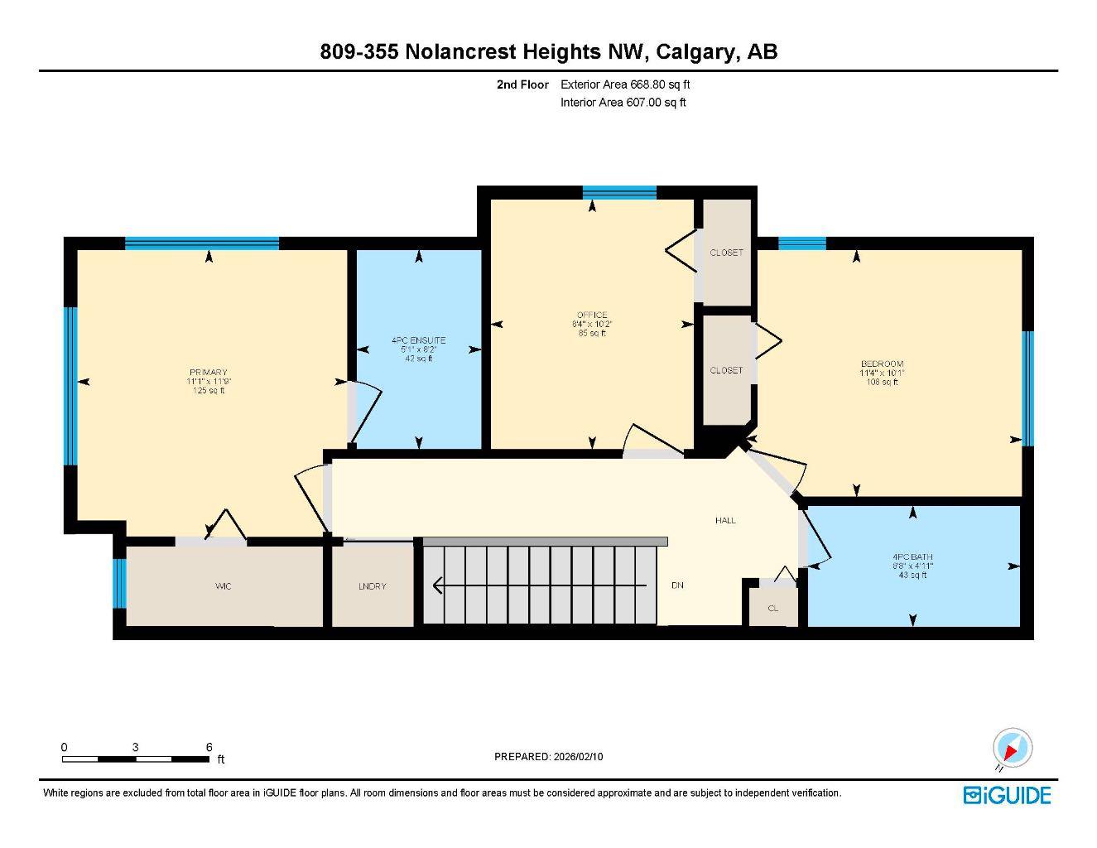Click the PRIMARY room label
click(x=207, y=373)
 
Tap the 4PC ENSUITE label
click(x=418, y=340)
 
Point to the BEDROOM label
click(x=882, y=364)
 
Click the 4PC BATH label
click(x=912, y=557)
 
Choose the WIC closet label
click(x=223, y=586)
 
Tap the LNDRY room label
click(x=373, y=586)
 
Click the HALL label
click(x=725, y=520)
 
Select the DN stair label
click(x=677, y=585)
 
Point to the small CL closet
click(x=773, y=608)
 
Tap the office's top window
click(x=619, y=193)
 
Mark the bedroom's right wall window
click(x=1027, y=388)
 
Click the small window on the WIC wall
click(x=119, y=583)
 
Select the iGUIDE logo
click(x=1007, y=795)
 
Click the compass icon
click(x=1011, y=749)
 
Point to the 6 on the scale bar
click(x=209, y=747)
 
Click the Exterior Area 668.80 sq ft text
click(x=625, y=84)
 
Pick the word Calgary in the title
click(x=695, y=52)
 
